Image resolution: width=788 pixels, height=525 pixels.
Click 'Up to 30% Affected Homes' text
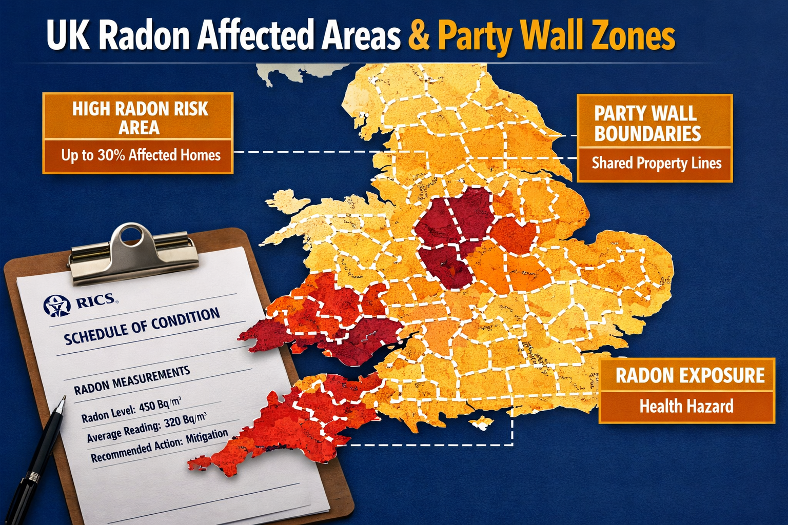[x=141, y=155]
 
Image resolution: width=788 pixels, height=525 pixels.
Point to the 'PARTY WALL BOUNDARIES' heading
[x=647, y=124]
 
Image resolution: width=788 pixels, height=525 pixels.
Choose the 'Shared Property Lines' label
[x=656, y=164]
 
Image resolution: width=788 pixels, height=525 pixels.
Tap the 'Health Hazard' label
[x=686, y=407]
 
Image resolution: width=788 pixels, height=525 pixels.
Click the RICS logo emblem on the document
[x=57, y=306]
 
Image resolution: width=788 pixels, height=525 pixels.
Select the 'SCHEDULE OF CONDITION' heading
[x=142, y=326]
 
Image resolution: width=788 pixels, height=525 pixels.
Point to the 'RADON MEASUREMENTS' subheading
[x=132, y=381]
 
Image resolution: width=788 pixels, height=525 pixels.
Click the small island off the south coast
[x=482, y=423]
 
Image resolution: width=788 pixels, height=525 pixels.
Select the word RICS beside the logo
[x=95, y=300]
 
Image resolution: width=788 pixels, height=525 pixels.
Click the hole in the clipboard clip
[x=132, y=237]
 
